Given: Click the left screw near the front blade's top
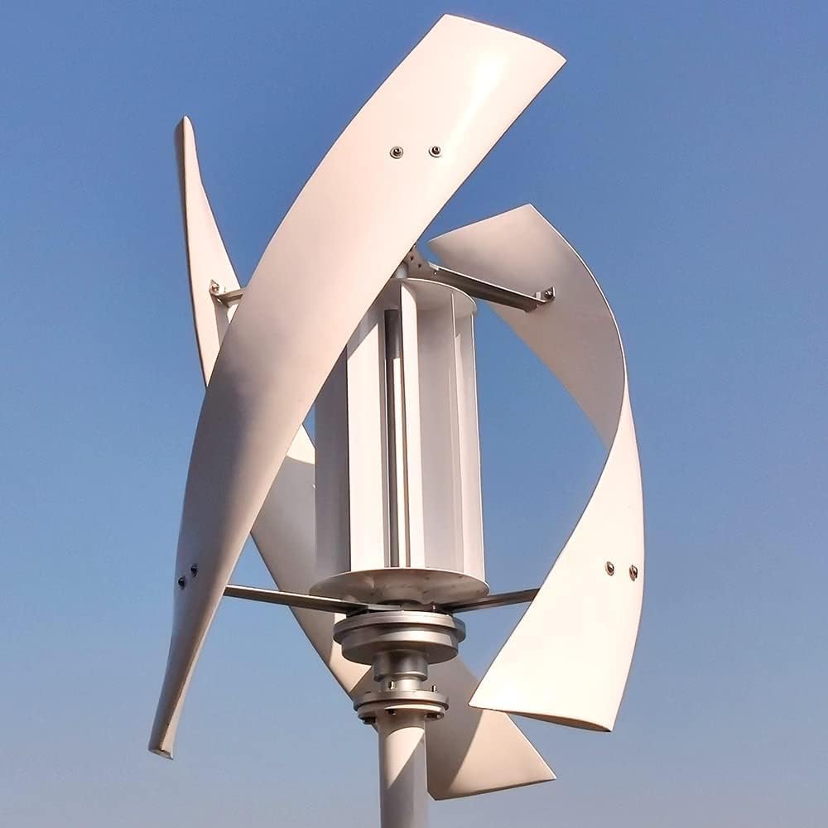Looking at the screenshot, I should click(397, 152).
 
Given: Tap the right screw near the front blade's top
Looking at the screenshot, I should click(436, 152).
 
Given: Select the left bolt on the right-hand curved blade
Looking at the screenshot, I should click(610, 568).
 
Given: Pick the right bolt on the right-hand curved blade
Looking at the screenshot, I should click(633, 570).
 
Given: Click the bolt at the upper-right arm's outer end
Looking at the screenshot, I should click(546, 293).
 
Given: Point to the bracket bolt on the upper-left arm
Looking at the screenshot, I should click(216, 289).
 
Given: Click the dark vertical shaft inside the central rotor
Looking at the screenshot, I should click(394, 431).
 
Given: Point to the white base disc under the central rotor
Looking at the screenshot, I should click(399, 585).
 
